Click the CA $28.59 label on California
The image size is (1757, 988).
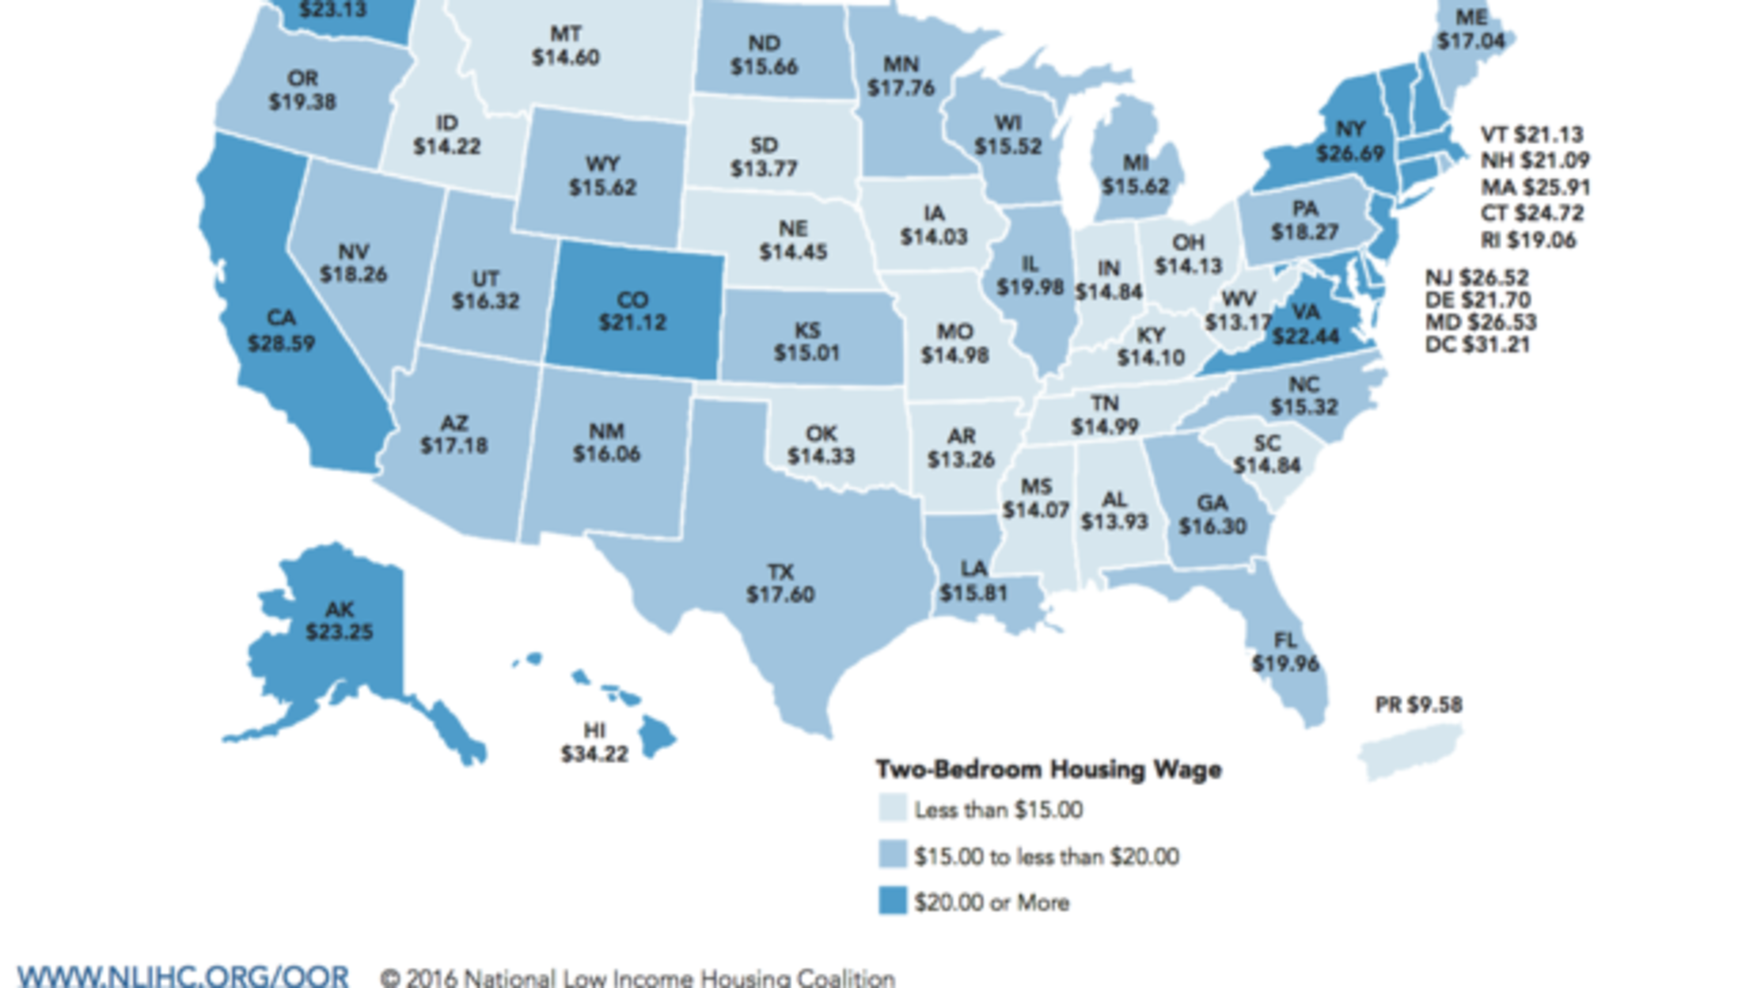pos(281,331)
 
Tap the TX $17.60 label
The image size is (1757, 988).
pos(780,583)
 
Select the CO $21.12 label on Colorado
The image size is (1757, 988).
pos(632,311)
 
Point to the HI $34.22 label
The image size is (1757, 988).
pos(594,743)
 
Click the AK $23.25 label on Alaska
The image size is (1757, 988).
pos(340,621)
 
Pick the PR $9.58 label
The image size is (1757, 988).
pos(1418,705)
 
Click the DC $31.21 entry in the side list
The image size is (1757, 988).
pos(1477,345)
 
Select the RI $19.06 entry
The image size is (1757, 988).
pos(1527,240)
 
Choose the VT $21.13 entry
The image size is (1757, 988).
pos(1531,135)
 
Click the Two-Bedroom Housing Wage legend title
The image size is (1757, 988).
pos(1049,769)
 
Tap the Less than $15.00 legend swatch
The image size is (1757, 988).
pos(893,808)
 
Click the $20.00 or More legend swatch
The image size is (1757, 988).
pos(893,901)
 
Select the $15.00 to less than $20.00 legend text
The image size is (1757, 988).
pos(1046,857)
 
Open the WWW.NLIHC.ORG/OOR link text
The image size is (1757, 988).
pos(183,976)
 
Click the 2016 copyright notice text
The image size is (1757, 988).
pos(638,978)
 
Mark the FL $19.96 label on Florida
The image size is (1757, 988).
pos(1285,652)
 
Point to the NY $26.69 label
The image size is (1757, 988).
pos(1350,141)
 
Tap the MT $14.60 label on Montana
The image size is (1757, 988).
pos(565,46)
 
